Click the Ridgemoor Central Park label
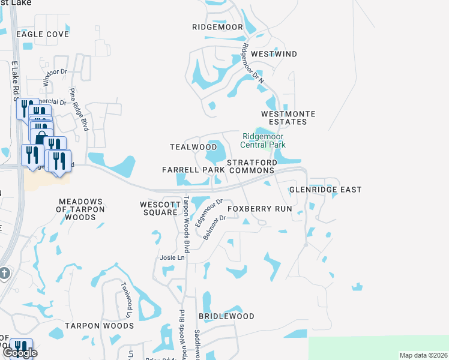pos(263,140)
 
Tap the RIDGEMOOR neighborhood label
pos(217,27)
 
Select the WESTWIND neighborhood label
pos(274,54)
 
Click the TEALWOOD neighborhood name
pos(193,147)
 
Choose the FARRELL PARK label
pos(193,170)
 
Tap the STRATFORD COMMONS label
pos(252,166)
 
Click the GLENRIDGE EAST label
pos(325,190)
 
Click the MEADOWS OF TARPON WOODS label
pos(80,209)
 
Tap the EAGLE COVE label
pos(43,34)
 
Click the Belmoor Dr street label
pos(214,228)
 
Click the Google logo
pos(20,353)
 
